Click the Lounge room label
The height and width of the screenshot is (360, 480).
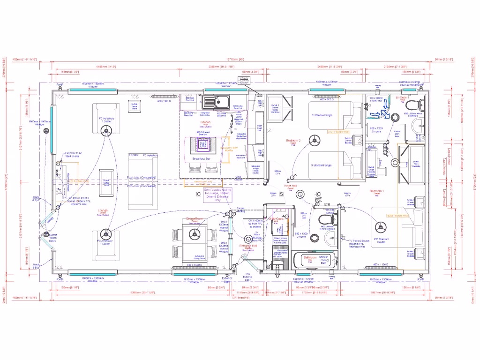pyautogui.click(x=103, y=211)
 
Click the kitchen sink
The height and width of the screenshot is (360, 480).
pyautogui.click(x=215, y=101)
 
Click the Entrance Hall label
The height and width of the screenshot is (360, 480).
pyautogui.click(x=247, y=246)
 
